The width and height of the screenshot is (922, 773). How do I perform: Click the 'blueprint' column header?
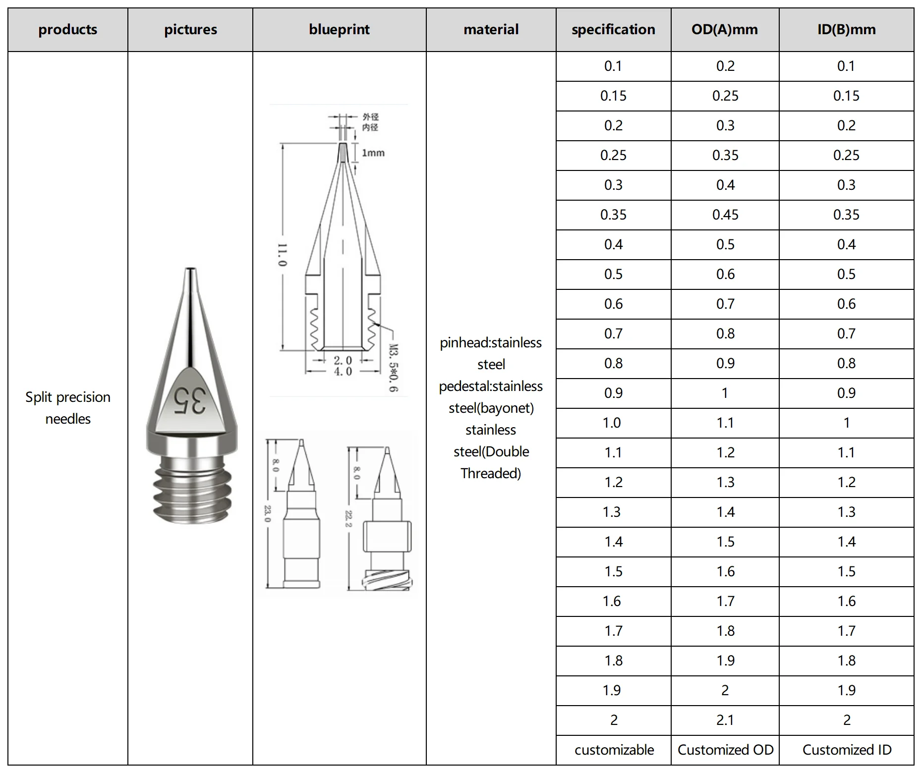[x=339, y=30]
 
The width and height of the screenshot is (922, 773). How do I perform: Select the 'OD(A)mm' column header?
[x=725, y=30]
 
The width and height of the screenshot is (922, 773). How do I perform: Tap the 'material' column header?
[x=491, y=30]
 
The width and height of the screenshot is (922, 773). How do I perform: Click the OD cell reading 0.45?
[x=725, y=215]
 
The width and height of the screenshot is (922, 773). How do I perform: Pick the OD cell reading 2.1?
[x=725, y=720]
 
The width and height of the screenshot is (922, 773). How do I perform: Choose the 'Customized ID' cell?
[x=847, y=750]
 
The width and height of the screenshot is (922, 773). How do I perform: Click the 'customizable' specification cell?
[x=614, y=750]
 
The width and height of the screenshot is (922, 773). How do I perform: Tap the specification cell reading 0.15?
[x=613, y=96]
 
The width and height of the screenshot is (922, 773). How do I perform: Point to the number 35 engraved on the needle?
[x=189, y=400]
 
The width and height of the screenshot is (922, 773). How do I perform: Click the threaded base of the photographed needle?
[x=191, y=491]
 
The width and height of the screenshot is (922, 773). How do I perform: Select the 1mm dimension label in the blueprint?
[x=373, y=153]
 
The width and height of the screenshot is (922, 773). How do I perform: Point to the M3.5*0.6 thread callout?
[x=393, y=368]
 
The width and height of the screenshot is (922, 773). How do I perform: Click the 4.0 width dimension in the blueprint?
[x=343, y=371]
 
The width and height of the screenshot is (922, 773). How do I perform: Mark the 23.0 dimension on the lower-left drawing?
[x=268, y=514]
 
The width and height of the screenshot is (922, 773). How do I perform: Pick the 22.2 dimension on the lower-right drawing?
[x=348, y=518]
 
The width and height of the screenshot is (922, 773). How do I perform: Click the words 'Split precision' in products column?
[x=68, y=397]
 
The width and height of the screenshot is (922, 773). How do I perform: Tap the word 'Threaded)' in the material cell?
[x=491, y=474]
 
